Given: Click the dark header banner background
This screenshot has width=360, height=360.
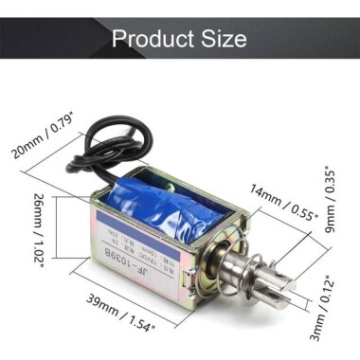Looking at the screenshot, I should point(47,39).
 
